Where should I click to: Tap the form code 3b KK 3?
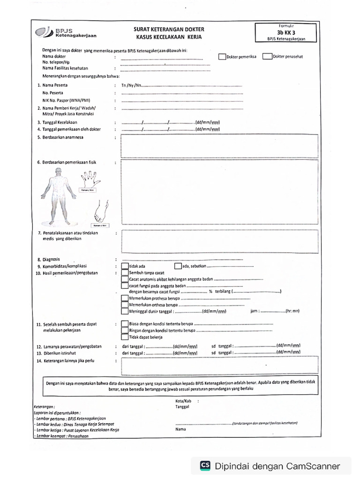click(x=286, y=32)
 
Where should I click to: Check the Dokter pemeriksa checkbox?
click(x=222, y=57)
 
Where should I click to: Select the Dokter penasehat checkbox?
click(x=267, y=57)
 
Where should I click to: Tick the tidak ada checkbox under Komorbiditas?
click(x=124, y=266)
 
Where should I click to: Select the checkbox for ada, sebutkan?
click(x=178, y=266)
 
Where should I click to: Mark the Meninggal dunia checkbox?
click(x=124, y=310)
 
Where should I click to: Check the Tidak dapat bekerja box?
click(x=124, y=337)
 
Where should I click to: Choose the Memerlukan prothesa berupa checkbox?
click(x=124, y=298)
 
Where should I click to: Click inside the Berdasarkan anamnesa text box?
click(x=219, y=146)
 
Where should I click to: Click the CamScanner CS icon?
click(x=205, y=465)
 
